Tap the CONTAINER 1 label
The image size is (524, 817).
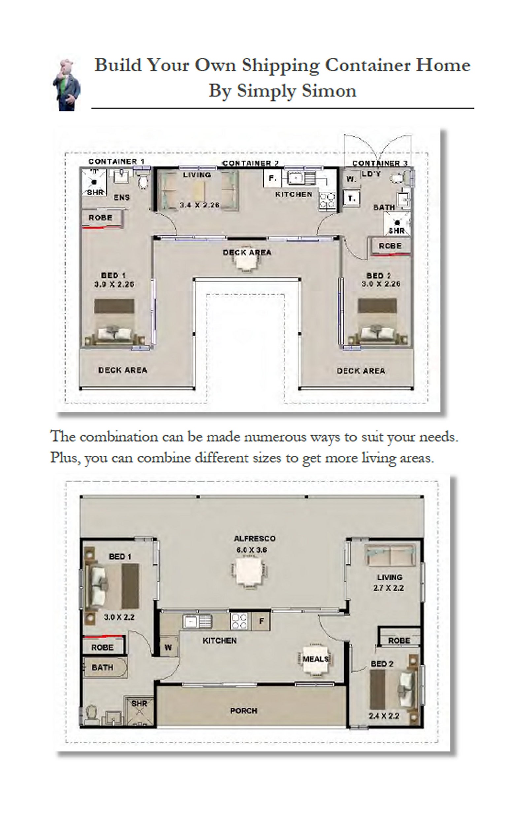[116, 161]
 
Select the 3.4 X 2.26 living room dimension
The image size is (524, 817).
[200, 205]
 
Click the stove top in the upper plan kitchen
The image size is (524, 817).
[327, 200]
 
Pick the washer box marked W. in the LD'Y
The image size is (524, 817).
[351, 179]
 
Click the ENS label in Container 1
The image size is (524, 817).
[121, 197]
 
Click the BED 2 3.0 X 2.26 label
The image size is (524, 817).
[380, 280]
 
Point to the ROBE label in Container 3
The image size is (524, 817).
[390, 246]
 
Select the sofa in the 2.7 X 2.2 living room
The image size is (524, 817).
[390, 556]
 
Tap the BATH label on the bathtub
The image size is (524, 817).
[102, 667]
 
